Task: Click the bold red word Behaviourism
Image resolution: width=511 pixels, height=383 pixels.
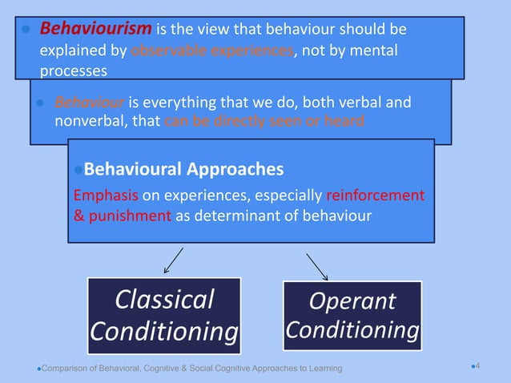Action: pyautogui.click(x=95, y=30)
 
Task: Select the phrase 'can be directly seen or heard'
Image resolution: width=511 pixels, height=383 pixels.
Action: pyautogui.click(x=265, y=122)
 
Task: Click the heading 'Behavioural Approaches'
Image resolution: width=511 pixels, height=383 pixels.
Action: pyautogui.click(x=183, y=170)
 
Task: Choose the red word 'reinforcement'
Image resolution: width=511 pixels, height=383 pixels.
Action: pyautogui.click(x=376, y=196)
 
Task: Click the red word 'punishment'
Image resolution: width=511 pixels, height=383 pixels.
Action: pyautogui.click(x=128, y=214)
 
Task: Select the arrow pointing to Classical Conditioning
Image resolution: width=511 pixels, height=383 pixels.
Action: pyautogui.click(x=173, y=261)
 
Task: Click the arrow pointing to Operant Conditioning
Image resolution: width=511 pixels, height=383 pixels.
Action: pyautogui.click(x=317, y=267)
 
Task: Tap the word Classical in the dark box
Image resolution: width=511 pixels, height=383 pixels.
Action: pyautogui.click(x=164, y=300)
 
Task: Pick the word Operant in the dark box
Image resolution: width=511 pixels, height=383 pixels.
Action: pyautogui.click(x=352, y=301)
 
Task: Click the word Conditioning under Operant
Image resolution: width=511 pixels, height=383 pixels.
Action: pyautogui.click(x=352, y=330)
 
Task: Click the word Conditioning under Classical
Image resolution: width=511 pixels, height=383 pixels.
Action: pyautogui.click(x=164, y=331)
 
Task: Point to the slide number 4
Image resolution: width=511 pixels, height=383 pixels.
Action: pyautogui.click(x=477, y=366)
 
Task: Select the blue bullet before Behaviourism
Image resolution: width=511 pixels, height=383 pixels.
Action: pyautogui.click(x=25, y=30)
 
